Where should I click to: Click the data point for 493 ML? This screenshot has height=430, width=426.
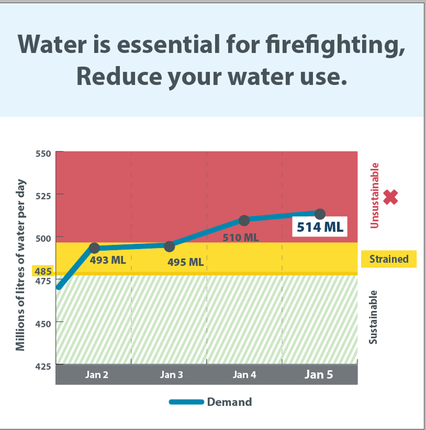coord(94,248)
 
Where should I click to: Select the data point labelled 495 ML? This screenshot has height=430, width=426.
coord(169,246)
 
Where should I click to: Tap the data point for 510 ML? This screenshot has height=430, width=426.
coord(244,220)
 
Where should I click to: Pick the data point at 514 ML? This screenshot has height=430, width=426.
coord(320,214)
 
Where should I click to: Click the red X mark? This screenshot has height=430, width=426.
coord(390,198)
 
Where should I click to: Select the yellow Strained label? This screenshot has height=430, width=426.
coord(389,259)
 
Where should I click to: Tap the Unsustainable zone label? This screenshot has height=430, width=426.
coord(375,196)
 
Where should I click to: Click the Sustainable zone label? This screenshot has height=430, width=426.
coord(373,317)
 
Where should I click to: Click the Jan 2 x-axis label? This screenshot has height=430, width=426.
coord(97,375)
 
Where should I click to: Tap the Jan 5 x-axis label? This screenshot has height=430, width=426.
coord(319,375)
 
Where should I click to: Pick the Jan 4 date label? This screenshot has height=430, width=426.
coord(244,375)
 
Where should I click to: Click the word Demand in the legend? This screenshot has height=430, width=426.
coord(229,402)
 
